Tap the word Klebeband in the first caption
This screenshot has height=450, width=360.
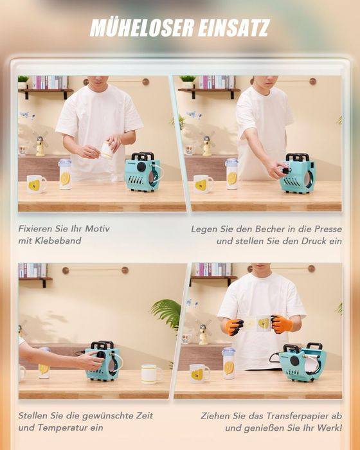tap(58, 240)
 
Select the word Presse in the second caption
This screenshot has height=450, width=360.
tap(328, 229)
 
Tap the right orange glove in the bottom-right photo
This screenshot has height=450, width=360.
tap(282, 324)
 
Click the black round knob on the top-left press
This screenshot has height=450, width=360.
tap(141, 167)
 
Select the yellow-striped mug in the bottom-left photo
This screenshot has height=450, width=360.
tap(151, 373)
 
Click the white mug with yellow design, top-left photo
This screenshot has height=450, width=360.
tap(36, 184)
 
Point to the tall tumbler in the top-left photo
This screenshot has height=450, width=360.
tap(65, 174)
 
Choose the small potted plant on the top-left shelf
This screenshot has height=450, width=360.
tap(23, 82)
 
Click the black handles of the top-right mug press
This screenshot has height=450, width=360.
tap(298, 157)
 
